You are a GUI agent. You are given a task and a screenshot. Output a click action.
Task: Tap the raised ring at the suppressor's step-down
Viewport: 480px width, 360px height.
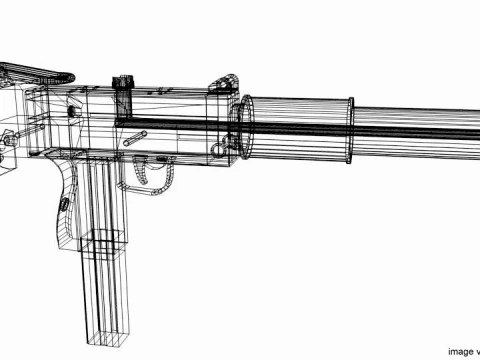point(351,129)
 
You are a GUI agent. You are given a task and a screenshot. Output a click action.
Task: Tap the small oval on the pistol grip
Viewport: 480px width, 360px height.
point(65,204)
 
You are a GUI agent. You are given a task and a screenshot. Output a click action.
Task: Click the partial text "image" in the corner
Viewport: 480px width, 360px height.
point(462,351)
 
